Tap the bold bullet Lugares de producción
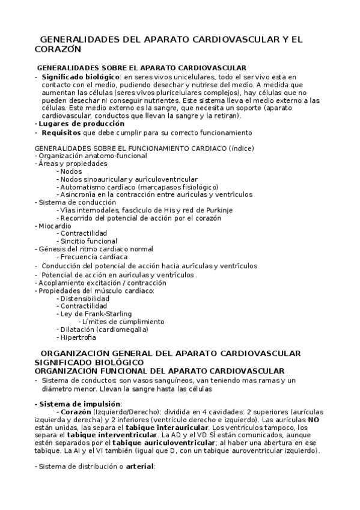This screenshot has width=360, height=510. click(74, 123)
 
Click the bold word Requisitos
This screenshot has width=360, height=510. click(62, 132)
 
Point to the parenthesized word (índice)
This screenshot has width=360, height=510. click(242, 148)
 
